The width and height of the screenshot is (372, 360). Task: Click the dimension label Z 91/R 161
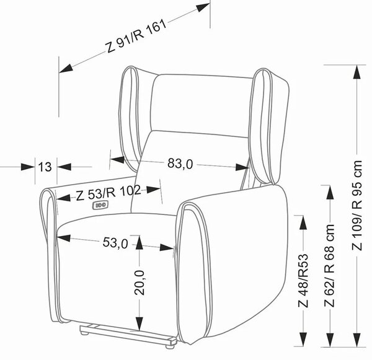coord(136,37)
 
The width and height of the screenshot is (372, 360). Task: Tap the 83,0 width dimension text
coord(180,164)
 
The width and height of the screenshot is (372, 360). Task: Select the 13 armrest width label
coord(45,167)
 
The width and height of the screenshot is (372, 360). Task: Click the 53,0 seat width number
coord(115,243)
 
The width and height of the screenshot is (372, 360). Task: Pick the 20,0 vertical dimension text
coord(139,283)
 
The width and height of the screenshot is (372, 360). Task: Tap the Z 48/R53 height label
coord(303,281)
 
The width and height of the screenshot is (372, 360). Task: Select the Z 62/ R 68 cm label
coord(330,265)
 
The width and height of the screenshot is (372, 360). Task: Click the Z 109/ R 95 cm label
coord(356,205)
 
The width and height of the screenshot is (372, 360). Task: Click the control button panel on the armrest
coord(100,205)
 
